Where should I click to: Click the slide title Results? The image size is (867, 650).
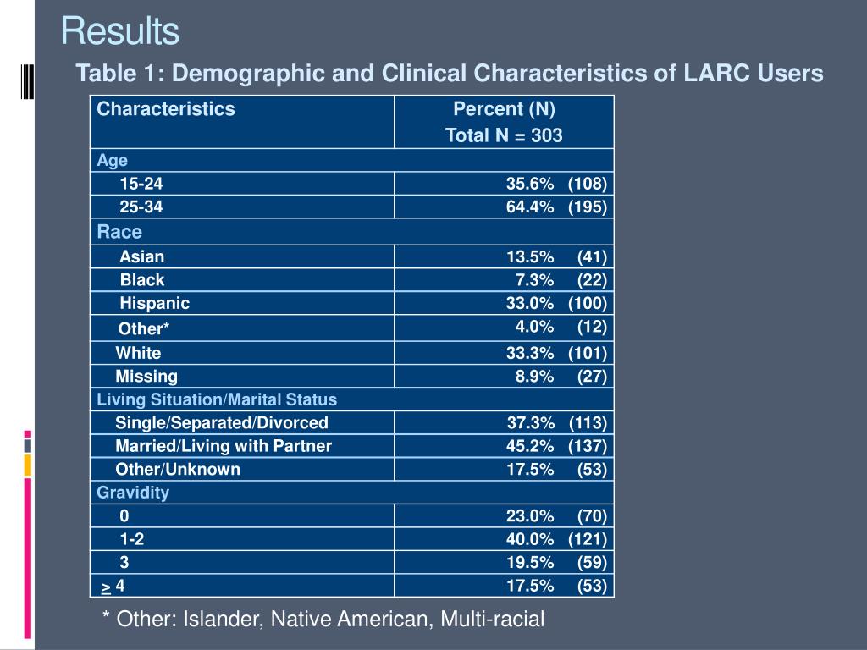click(x=119, y=31)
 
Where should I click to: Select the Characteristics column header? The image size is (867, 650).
click(x=166, y=109)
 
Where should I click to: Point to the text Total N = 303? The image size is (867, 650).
click(x=504, y=135)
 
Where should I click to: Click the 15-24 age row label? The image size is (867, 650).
click(x=141, y=184)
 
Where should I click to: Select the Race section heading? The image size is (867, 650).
click(x=119, y=232)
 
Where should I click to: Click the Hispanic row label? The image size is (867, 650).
click(x=154, y=303)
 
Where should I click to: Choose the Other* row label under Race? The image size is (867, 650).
click(x=144, y=329)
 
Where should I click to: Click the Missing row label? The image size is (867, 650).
click(x=146, y=377)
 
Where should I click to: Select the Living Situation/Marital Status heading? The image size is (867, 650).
click(x=217, y=399)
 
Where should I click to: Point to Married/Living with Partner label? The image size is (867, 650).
click(x=224, y=446)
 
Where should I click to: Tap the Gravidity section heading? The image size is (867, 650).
click(x=133, y=493)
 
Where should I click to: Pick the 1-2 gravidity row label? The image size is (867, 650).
click(x=132, y=539)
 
